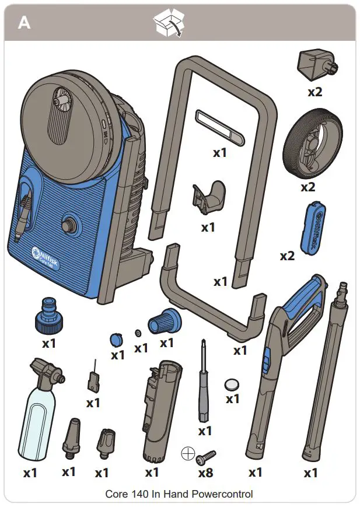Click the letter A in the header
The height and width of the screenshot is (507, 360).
point(24,23)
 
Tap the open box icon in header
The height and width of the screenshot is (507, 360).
point(167,24)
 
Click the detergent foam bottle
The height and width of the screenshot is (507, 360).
point(39,418)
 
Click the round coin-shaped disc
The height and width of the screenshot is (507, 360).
point(232,384)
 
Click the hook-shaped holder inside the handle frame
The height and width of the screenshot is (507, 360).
point(208,197)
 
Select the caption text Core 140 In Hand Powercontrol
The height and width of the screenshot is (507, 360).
point(179,494)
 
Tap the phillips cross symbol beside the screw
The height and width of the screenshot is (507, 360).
point(187,453)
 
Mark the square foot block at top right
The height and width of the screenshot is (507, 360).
point(316,67)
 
